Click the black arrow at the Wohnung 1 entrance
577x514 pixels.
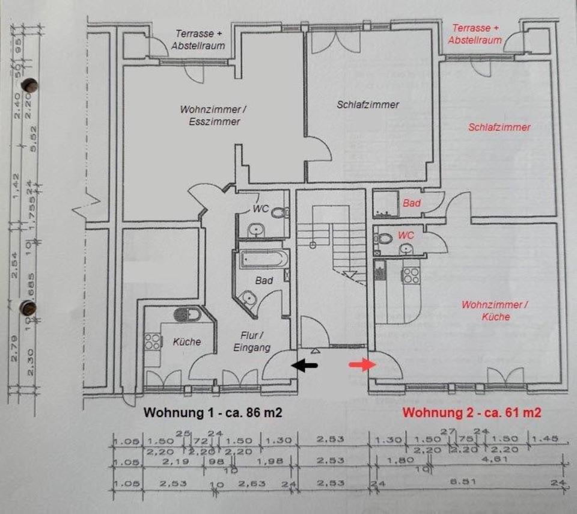click(x=305, y=364)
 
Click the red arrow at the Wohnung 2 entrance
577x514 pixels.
click(x=362, y=364)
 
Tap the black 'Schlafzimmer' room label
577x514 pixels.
click(x=368, y=105)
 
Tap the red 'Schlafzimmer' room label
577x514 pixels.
click(x=499, y=127)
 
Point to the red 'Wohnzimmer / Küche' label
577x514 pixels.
click(x=495, y=310)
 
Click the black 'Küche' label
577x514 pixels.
click(x=187, y=341)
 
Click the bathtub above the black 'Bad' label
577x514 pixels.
click(x=264, y=259)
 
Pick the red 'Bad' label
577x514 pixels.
click(x=412, y=204)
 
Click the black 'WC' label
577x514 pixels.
click(x=260, y=209)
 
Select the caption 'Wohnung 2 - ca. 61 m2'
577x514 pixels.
click(x=472, y=413)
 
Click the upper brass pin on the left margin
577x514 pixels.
click(x=28, y=85)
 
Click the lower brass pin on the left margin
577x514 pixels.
click(x=28, y=308)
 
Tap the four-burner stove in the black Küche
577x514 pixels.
click(x=153, y=341)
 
